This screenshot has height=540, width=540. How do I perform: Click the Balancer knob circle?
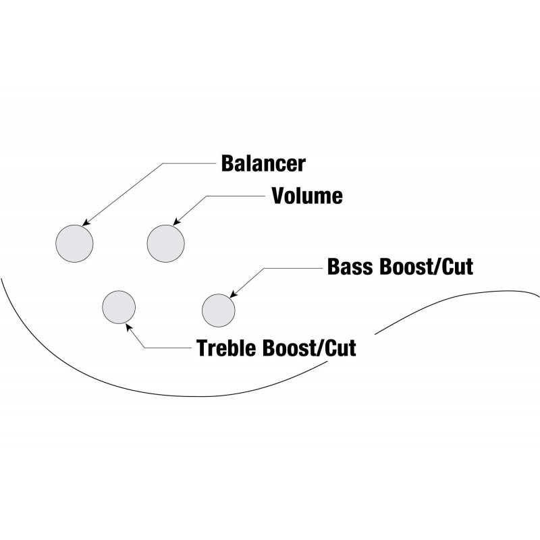click(74, 244)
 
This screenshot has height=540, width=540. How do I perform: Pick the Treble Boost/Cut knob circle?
click(118, 308)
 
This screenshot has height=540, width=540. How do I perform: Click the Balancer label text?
click(263, 163)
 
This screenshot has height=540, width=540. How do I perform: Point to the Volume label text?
click(306, 196)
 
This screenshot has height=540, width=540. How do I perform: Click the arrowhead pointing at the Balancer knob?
click(84, 223)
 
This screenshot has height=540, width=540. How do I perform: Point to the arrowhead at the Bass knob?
click(233, 294)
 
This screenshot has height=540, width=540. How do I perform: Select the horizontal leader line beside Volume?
click(236, 196)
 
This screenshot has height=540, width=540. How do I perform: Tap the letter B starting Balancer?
click(227, 163)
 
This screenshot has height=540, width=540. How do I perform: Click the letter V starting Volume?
click(277, 196)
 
